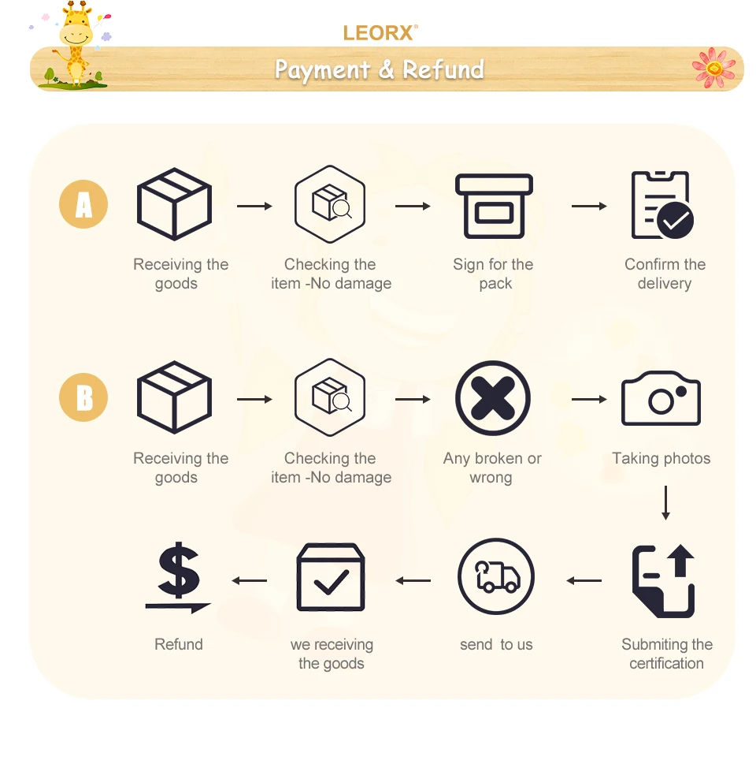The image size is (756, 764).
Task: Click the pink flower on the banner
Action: [713, 69]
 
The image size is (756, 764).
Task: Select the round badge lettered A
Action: [83, 205]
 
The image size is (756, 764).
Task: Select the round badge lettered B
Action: [83, 398]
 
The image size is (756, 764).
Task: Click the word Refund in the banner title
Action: [443, 69]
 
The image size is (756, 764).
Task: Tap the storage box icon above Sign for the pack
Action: [495, 206]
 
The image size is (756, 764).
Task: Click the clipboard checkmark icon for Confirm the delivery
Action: [662, 206]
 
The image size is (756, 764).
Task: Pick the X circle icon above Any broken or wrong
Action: [493, 399]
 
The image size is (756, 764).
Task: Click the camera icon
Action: [661, 399]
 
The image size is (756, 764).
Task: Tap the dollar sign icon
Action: [179, 578]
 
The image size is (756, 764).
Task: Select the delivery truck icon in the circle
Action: [496, 578]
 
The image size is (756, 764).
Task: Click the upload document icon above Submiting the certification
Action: [665, 580]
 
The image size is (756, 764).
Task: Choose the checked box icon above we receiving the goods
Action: [331, 578]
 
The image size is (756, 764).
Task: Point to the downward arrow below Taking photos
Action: [665, 503]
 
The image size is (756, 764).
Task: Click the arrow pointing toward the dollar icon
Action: [249, 581]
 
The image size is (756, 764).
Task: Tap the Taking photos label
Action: [661, 459]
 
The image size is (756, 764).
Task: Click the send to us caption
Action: [496, 645]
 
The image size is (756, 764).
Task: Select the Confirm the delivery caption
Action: [665, 274]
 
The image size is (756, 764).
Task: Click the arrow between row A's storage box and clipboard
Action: [589, 206]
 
